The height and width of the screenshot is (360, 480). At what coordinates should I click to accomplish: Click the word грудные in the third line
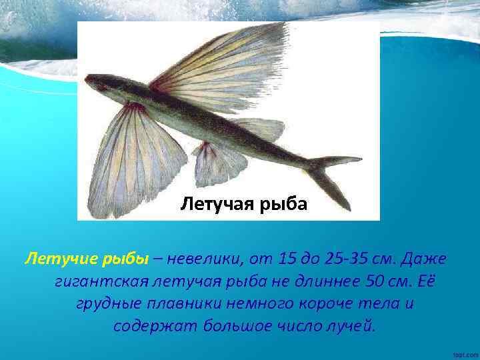(108, 305)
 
